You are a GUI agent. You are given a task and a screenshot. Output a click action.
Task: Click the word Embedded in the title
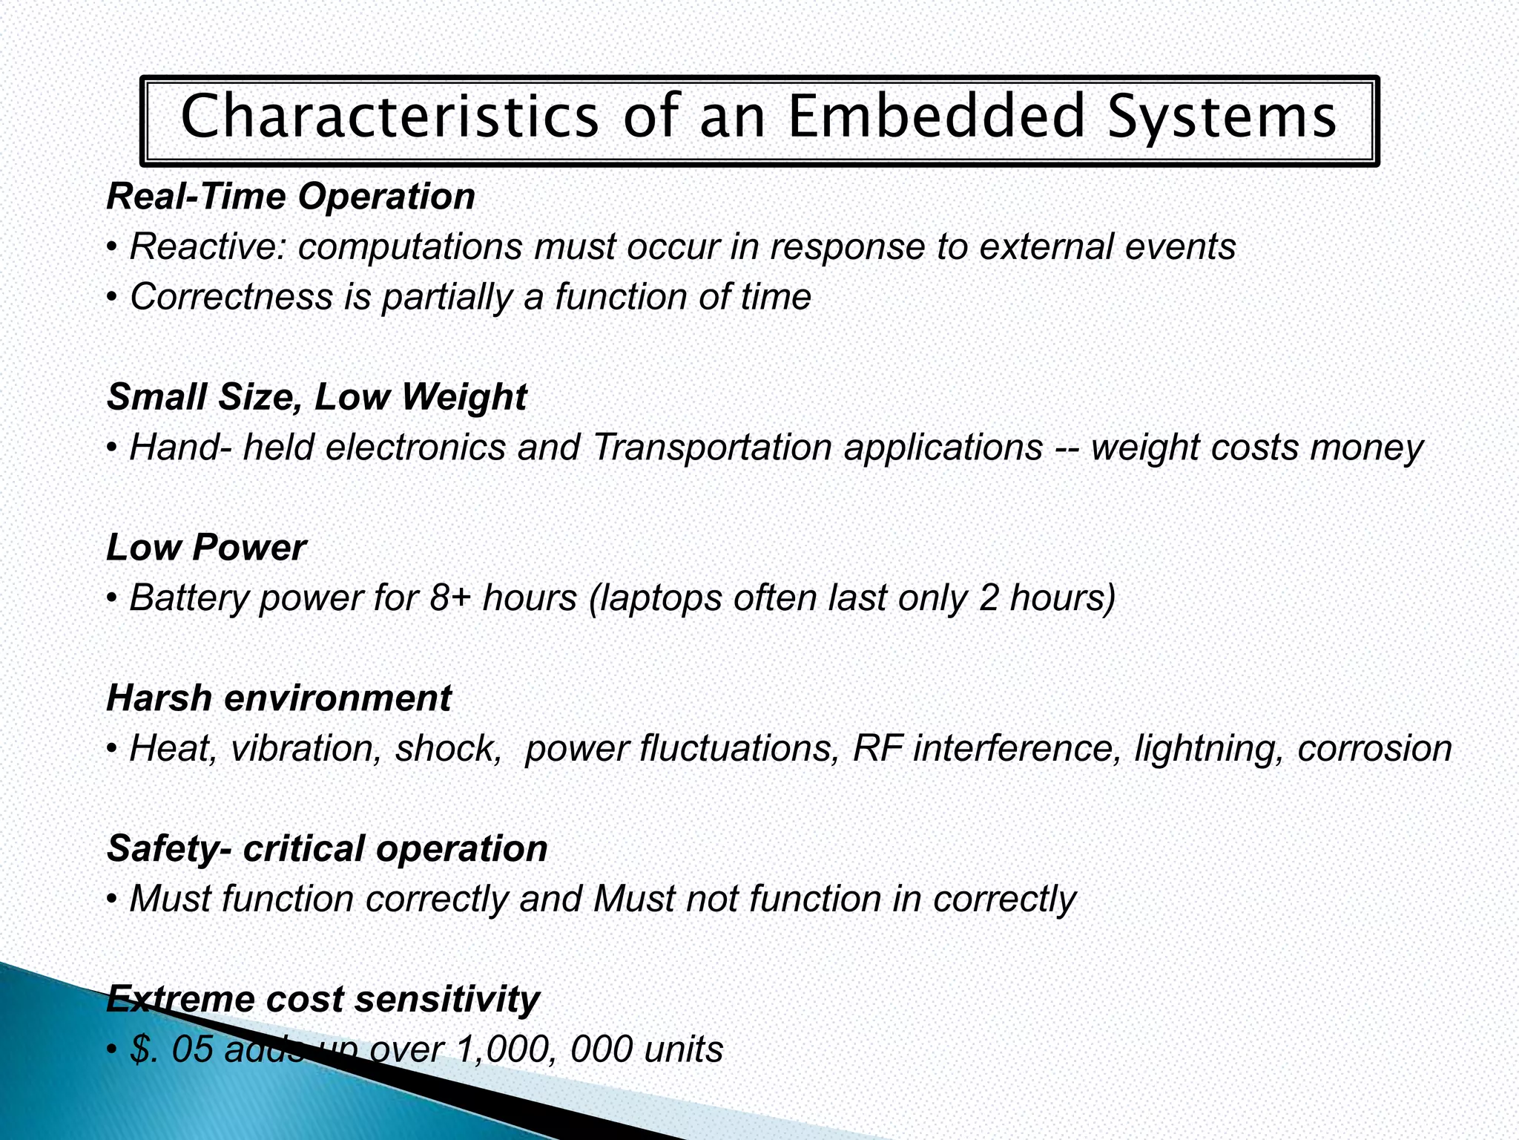click(x=936, y=117)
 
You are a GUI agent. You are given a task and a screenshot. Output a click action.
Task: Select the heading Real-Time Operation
click(x=291, y=197)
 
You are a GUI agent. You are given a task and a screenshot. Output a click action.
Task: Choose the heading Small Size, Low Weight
click(x=317, y=397)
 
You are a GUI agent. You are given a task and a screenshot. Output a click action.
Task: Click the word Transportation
click(x=712, y=448)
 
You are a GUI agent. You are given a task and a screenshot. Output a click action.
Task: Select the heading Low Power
click(x=206, y=548)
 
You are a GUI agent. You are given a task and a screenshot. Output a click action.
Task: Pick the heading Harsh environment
click(x=279, y=698)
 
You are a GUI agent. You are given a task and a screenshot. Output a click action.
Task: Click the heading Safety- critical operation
click(x=327, y=848)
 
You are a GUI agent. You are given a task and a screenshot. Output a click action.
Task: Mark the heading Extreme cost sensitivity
click(x=323, y=999)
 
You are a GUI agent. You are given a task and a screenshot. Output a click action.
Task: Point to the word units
click(x=683, y=1049)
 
